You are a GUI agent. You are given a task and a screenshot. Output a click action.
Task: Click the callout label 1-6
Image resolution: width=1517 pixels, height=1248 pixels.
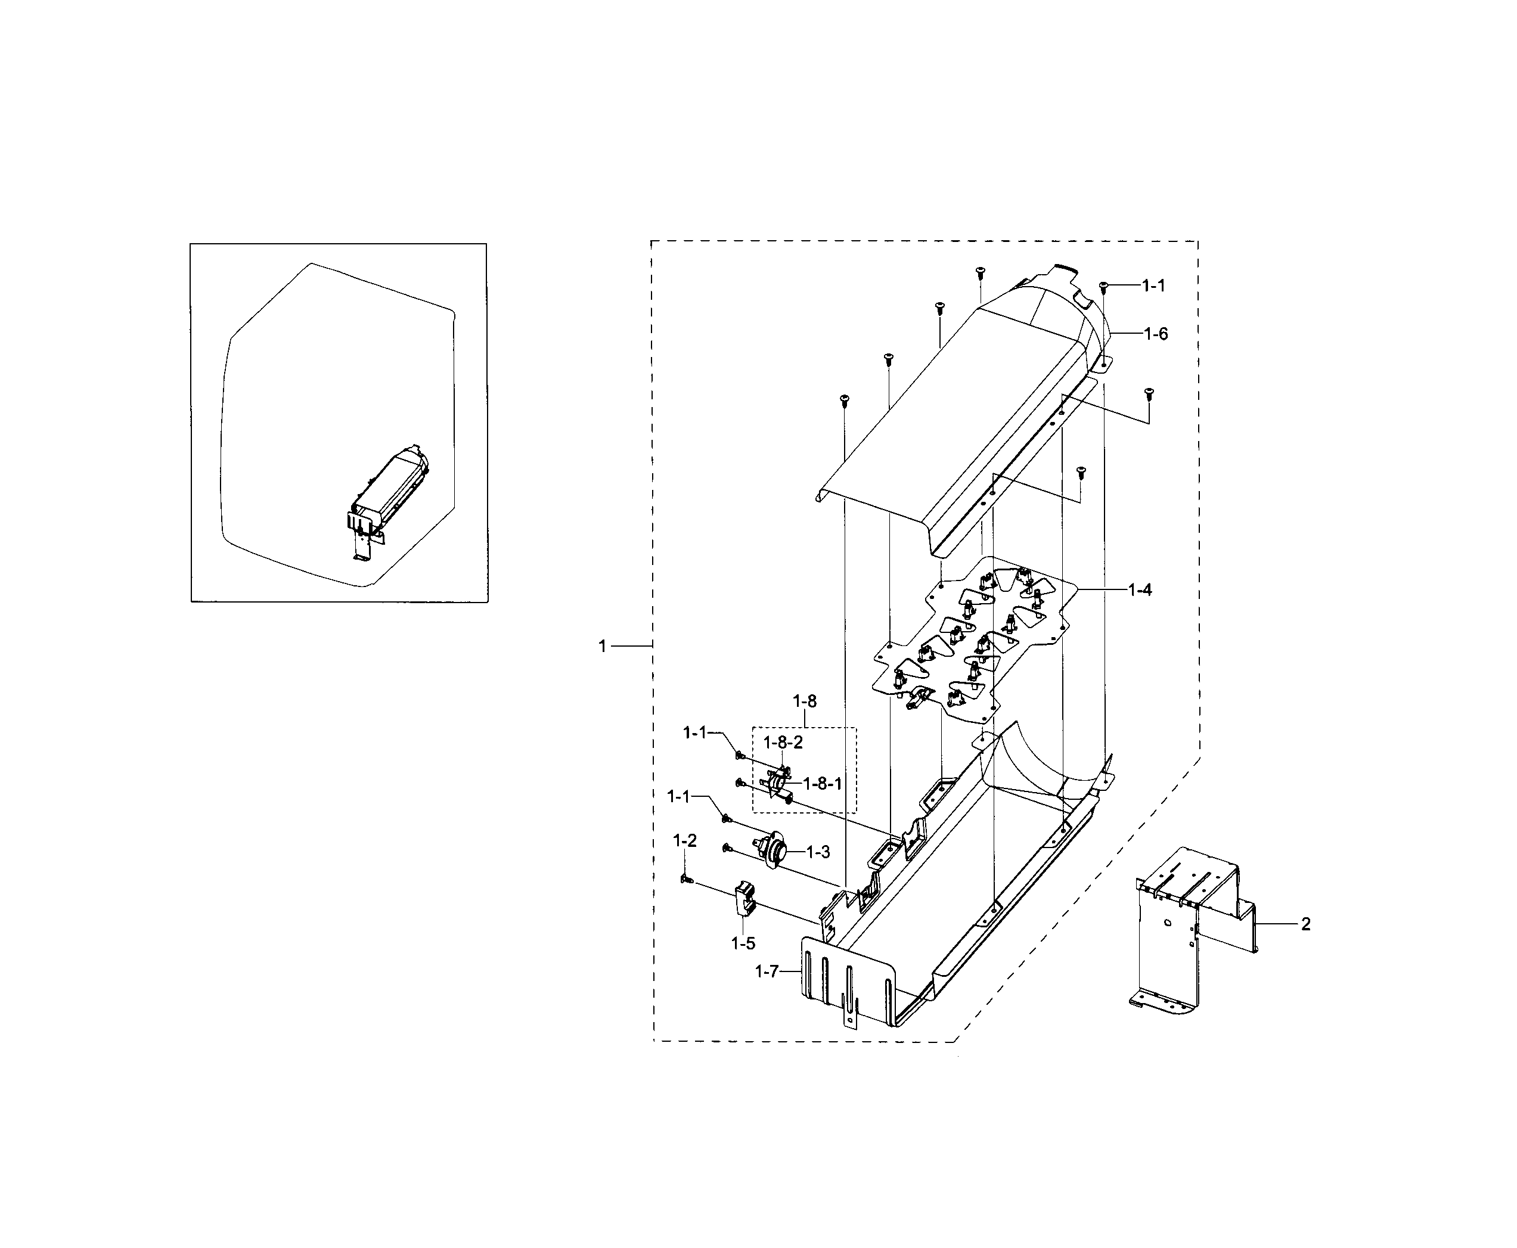[1156, 334]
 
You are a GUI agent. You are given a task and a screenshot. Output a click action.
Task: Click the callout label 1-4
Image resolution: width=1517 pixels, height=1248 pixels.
[1140, 589]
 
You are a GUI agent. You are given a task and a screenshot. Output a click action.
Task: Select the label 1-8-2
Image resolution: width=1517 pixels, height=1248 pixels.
[783, 743]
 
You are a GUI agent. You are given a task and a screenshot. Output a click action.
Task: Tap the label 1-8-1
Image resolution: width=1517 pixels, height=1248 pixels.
[822, 784]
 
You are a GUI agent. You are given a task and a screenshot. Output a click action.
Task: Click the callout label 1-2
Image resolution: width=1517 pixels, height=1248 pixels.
[684, 840]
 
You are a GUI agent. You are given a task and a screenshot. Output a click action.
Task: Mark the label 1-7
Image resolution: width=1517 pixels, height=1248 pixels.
[767, 972]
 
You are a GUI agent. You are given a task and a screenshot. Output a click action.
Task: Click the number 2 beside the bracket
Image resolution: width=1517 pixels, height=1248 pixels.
[1305, 924]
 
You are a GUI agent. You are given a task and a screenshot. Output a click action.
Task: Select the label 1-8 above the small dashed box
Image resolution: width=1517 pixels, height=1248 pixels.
[805, 701]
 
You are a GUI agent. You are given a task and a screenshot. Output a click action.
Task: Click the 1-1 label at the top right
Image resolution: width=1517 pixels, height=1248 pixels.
[1153, 285]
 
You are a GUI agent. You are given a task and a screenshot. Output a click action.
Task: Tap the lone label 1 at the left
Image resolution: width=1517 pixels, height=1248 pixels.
[603, 646]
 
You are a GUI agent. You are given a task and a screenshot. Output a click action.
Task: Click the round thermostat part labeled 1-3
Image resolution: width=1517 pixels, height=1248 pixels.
[774, 851]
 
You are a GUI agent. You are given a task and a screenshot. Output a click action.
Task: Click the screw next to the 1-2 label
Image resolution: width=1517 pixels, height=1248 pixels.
[686, 879]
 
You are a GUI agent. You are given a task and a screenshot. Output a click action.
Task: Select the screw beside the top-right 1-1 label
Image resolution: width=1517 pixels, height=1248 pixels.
[1103, 287]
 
